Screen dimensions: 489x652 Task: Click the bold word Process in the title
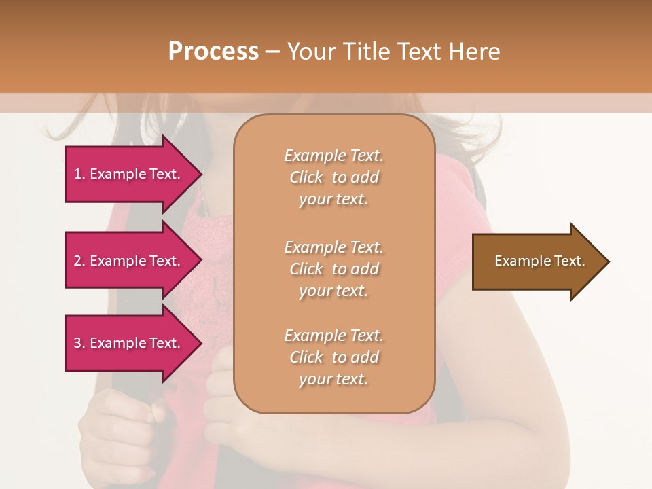tap(213, 52)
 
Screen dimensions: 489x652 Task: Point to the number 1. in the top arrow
tap(79, 174)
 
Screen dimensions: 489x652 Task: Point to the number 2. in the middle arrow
tap(79, 261)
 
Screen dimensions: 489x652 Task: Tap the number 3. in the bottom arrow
tap(79, 343)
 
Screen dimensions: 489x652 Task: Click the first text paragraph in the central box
tap(333, 177)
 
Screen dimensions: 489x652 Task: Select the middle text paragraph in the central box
tap(333, 269)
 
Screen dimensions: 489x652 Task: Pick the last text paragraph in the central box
tap(333, 357)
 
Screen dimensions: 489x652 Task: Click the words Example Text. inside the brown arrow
tap(540, 261)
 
